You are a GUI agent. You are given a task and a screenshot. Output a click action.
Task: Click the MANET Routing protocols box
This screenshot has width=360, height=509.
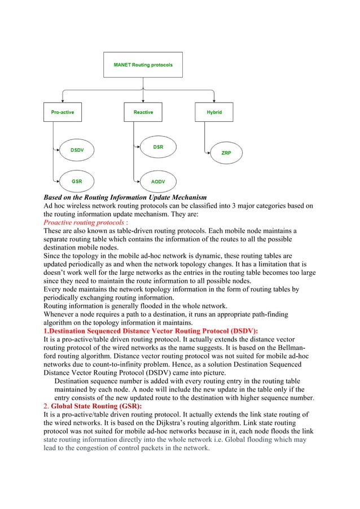pyautogui.click(x=143, y=64)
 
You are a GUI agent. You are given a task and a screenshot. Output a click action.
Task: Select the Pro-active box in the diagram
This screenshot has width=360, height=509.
pyautogui.click(x=62, y=112)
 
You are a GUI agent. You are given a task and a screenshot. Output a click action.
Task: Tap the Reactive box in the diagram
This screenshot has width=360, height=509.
pyautogui.click(x=143, y=112)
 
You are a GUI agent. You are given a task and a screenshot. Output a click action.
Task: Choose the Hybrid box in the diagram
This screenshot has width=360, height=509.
pyautogui.click(x=214, y=112)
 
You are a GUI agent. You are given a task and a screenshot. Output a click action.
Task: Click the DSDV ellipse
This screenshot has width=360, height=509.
pyautogui.click(x=77, y=150)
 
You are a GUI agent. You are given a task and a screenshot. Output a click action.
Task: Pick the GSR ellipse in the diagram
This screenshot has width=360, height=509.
pyautogui.click(x=77, y=181)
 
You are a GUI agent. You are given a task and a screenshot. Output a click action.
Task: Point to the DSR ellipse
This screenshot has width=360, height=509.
pyautogui.click(x=158, y=147)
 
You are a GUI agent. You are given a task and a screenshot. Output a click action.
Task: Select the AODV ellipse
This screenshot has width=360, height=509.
pyautogui.click(x=158, y=182)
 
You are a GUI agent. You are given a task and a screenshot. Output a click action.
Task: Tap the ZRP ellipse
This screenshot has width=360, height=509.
pyautogui.click(x=226, y=153)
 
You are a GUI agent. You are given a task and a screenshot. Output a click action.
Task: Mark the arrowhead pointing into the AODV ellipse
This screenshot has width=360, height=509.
pyautogui.click(x=137, y=182)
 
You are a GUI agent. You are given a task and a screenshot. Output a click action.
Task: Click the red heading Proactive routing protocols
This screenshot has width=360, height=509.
pyautogui.click(x=85, y=223)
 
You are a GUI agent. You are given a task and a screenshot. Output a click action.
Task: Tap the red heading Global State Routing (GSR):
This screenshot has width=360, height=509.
pyautogui.click(x=96, y=406)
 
